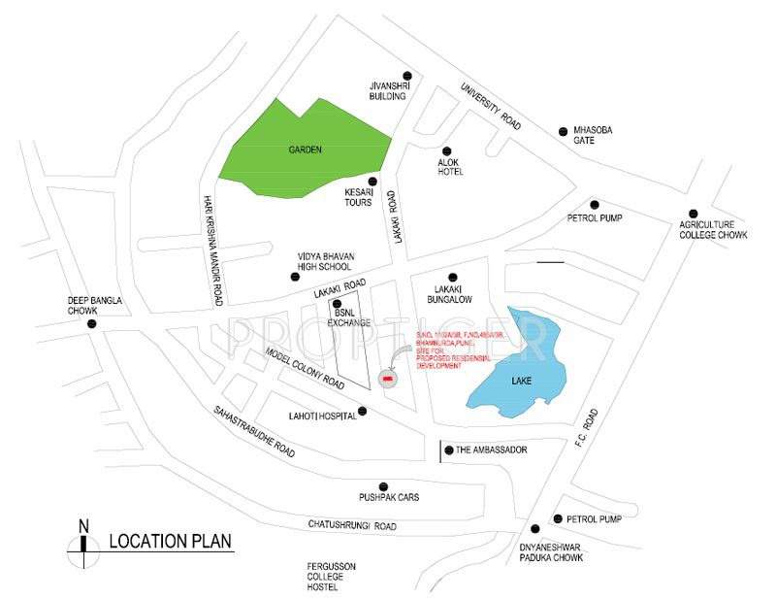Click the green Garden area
(x=301, y=150)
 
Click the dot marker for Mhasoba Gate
(x=563, y=131)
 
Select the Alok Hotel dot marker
(x=447, y=150)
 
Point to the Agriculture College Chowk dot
(x=693, y=214)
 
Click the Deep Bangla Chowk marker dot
(x=93, y=323)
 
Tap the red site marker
(x=387, y=378)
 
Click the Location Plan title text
(x=171, y=542)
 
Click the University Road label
(x=491, y=104)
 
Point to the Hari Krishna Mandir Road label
(x=212, y=247)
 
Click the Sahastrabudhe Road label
(x=254, y=431)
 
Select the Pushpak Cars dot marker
(x=383, y=485)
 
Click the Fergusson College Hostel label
(x=323, y=575)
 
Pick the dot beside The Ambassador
(x=447, y=449)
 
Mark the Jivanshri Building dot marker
(x=407, y=76)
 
